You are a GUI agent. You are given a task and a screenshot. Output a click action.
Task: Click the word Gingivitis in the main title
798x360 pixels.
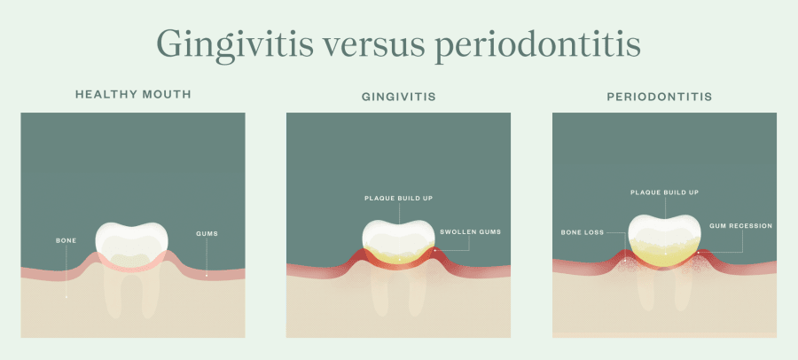tap(231, 43)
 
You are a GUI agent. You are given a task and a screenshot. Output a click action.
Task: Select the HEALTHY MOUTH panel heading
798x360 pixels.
tap(132, 94)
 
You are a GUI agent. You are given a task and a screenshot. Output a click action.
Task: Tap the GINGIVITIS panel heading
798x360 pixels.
tap(398, 94)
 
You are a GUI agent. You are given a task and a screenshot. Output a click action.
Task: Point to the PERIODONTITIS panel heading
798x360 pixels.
tap(663, 94)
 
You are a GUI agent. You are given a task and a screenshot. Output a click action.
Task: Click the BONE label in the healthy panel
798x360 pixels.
tap(66, 240)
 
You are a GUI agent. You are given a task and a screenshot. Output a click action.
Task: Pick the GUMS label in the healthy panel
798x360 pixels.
tap(207, 234)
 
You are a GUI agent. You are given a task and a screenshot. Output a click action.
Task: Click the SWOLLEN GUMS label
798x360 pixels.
tap(470, 232)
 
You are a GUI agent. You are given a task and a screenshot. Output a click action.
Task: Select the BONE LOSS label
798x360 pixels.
tap(582, 232)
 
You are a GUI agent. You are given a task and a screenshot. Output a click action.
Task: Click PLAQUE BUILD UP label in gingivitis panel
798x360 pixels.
tap(398, 199)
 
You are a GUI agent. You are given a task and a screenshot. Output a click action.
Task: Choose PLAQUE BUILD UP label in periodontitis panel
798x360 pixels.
tap(664, 192)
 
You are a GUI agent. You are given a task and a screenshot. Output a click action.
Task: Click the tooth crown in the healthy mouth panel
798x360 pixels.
tap(131, 239)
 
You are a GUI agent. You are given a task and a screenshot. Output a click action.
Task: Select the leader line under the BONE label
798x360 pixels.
tap(66, 270)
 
